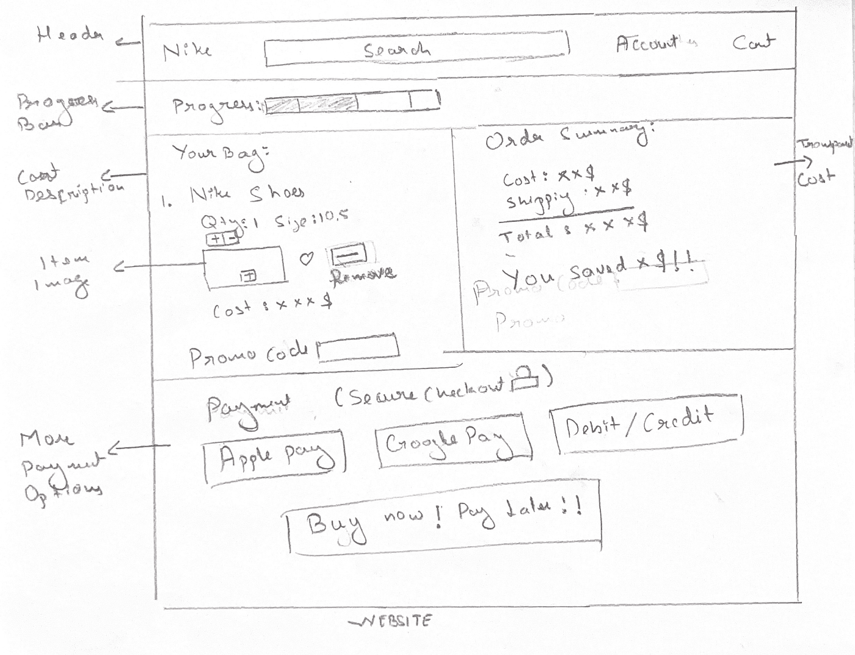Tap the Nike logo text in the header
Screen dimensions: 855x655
click(x=187, y=50)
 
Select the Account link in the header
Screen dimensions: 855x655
click(x=655, y=44)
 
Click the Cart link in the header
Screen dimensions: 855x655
click(x=754, y=43)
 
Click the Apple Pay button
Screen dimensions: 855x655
click(x=274, y=457)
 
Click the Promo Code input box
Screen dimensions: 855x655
click(x=358, y=348)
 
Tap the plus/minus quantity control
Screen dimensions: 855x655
click(x=222, y=239)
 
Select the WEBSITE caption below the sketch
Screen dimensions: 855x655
click(x=392, y=621)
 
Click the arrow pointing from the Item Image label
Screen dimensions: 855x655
click(x=159, y=266)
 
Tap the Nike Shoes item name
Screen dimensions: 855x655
click(x=247, y=194)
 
